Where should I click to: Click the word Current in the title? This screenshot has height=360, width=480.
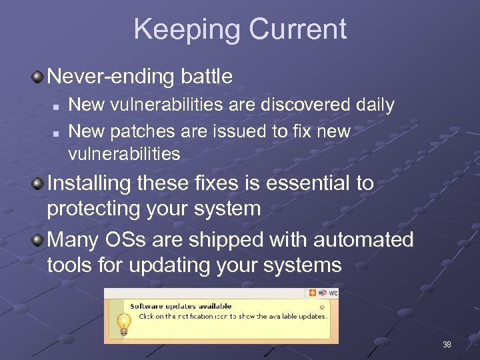point(297,29)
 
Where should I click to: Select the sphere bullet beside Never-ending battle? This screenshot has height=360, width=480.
point(39,77)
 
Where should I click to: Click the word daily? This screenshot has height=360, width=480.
point(374,105)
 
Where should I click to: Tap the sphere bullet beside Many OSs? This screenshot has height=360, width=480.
point(39,239)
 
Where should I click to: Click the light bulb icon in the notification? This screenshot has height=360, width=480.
point(123,323)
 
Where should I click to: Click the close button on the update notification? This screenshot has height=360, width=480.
point(322,307)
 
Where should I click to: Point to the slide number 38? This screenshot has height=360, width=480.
point(447,345)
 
